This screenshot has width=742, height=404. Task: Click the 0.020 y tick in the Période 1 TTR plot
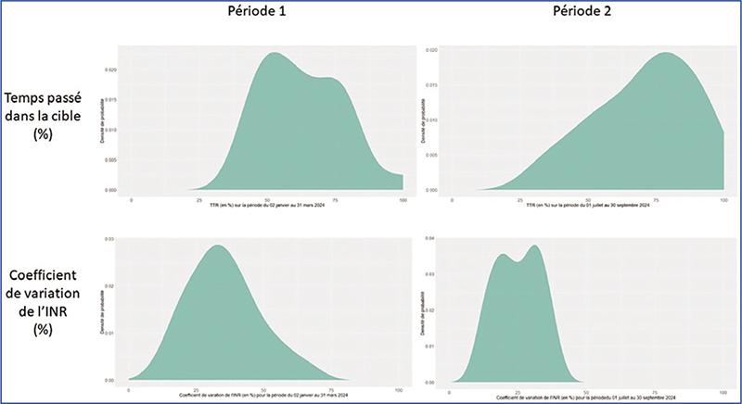point(110,70)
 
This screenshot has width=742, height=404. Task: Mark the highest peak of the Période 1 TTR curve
point(275,53)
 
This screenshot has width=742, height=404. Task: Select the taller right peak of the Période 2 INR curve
point(535,246)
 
